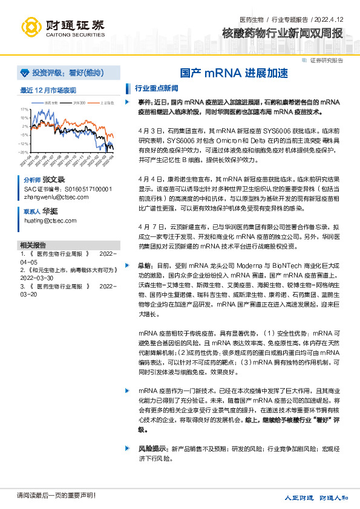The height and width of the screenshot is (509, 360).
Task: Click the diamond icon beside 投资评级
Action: pyautogui.click(x=24, y=73)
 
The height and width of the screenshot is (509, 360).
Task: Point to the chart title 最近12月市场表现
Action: pyautogui.click(x=48, y=91)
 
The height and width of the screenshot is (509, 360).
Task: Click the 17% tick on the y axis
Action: pyautogui.click(x=24, y=110)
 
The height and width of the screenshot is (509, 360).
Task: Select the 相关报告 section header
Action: pyautogui.click(x=33, y=245)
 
